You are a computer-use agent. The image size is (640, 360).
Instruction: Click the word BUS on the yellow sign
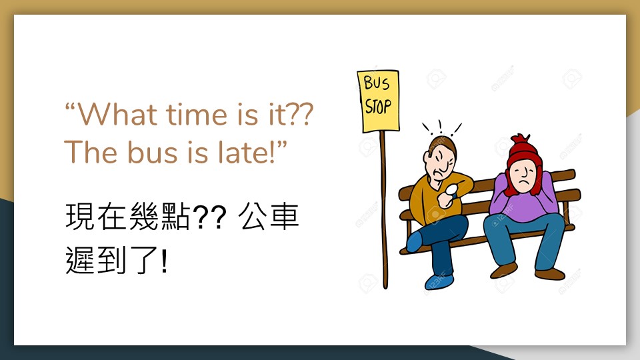tap(376, 83)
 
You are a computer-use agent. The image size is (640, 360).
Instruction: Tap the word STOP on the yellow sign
tap(378, 107)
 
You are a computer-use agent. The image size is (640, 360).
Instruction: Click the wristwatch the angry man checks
tap(451, 190)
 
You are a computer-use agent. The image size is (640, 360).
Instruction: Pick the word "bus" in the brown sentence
tap(152, 152)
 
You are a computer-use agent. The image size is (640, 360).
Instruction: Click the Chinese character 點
tap(175, 216)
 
